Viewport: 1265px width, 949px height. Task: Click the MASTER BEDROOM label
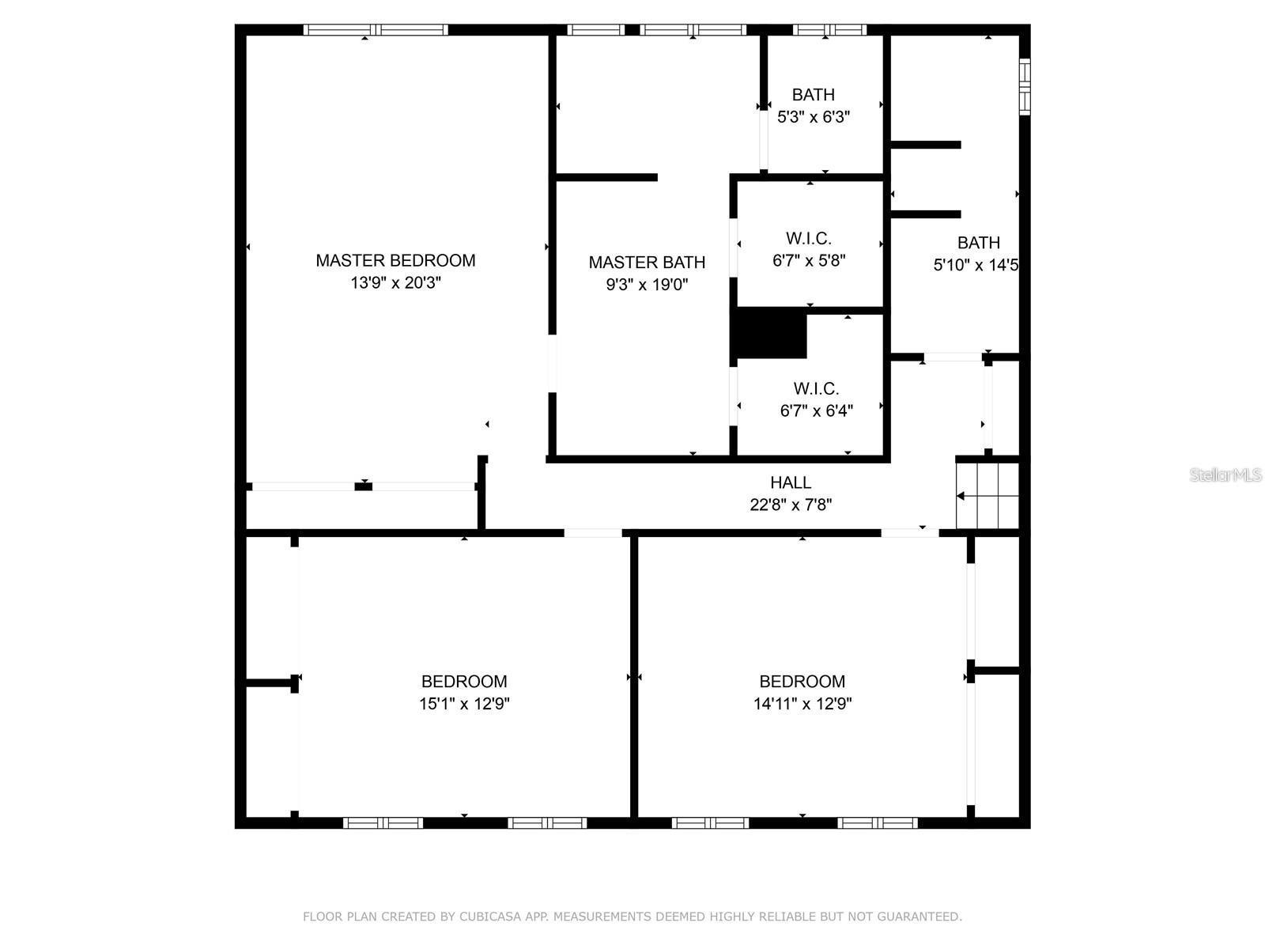[x=395, y=260]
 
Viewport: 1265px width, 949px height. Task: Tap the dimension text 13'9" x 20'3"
[x=395, y=283]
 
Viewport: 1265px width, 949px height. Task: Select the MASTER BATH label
[x=647, y=262]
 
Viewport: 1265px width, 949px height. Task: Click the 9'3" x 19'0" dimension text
[x=647, y=285]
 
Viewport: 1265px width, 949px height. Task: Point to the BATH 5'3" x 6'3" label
[x=813, y=95]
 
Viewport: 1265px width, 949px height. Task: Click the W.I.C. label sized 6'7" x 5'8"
[x=808, y=238]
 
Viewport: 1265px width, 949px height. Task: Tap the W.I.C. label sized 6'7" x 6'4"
[x=816, y=388]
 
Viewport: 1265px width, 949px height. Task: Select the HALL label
[x=791, y=482]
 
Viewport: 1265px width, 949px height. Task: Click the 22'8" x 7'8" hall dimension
[x=791, y=505]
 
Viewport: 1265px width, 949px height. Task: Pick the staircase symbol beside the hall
[x=987, y=496]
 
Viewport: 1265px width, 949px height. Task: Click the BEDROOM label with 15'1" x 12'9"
[x=464, y=681]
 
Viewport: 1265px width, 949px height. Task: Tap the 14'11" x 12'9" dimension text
[x=802, y=704]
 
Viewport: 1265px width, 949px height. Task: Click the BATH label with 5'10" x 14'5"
[x=978, y=243]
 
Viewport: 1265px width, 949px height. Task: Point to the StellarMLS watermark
[x=1225, y=475]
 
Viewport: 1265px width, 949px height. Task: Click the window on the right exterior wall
[x=1025, y=86]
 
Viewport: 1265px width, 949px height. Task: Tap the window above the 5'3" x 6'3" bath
[x=829, y=30]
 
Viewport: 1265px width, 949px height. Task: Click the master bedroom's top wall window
[x=376, y=30]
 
